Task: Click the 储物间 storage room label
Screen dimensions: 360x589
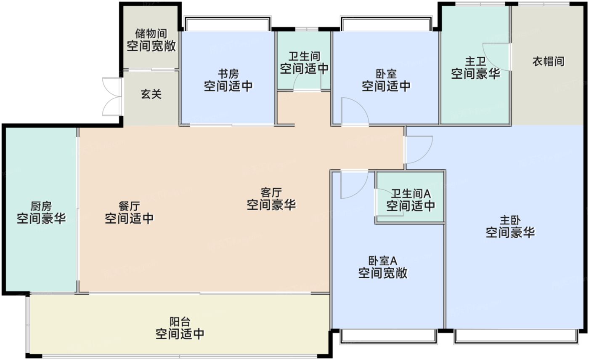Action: pos(151,33)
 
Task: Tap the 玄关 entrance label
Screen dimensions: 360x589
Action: pos(151,95)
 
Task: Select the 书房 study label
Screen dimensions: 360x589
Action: pos(228,74)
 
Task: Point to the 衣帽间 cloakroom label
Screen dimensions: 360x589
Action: pos(548,62)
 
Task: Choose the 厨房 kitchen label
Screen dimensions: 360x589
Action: pos(41,206)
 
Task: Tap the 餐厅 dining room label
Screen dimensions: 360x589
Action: pos(129,206)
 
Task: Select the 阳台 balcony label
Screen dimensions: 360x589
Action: pos(180,322)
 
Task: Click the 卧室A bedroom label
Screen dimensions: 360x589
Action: pos(382,261)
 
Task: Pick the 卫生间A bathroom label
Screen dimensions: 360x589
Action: pos(411,194)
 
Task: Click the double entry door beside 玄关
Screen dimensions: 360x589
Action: pos(111,96)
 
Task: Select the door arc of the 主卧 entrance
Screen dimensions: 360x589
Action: pos(418,149)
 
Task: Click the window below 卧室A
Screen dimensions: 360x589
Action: pos(387,336)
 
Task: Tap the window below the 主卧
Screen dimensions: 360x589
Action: pos(515,336)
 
